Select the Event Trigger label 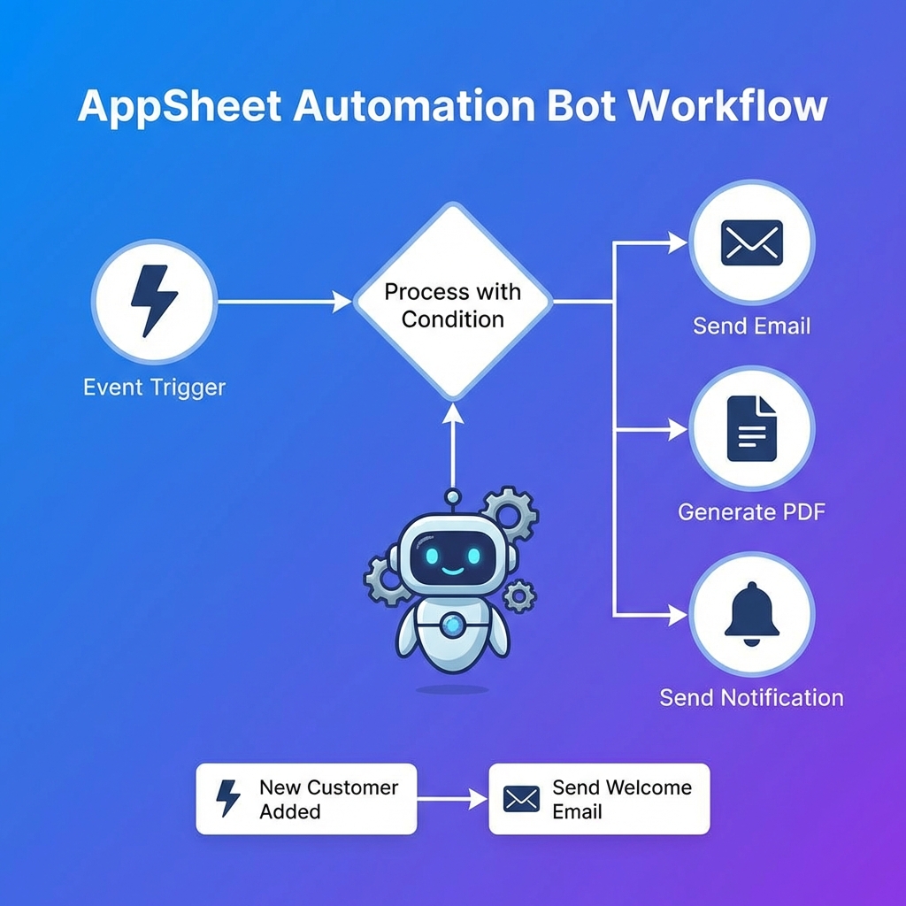154,388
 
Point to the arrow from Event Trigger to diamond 283,302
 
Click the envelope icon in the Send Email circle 751,242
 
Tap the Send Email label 751,326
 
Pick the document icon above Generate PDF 751,428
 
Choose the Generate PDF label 751,511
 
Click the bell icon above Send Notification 751,611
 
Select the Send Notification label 751,697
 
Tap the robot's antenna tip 452,496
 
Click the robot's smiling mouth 452,572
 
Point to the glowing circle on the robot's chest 452,626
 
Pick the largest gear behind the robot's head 509,513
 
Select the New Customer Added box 306,799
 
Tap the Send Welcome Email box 599,799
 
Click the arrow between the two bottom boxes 452,799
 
